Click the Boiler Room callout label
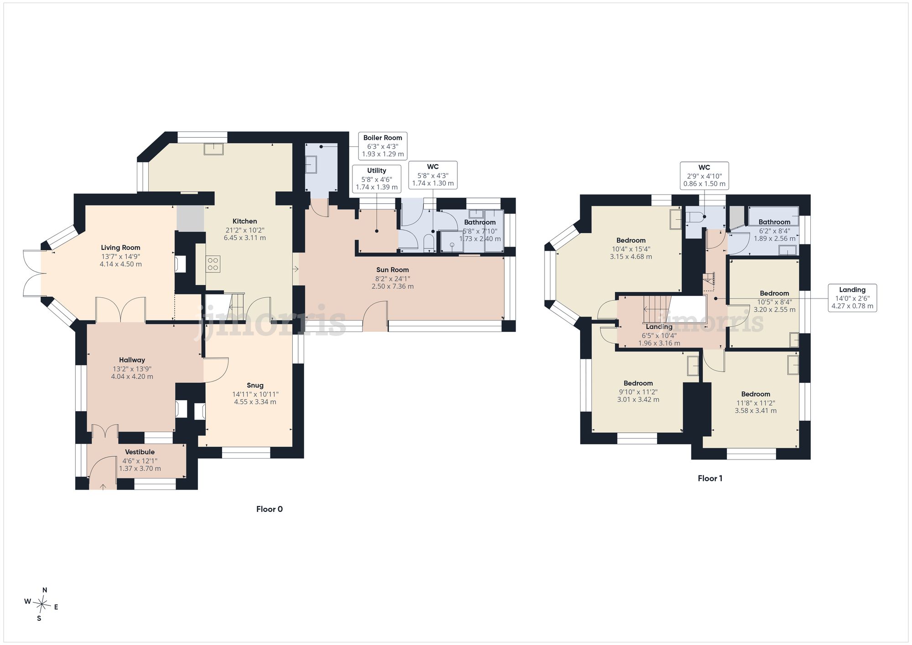[x=383, y=146]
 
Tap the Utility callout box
[x=377, y=179]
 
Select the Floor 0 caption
[x=269, y=509]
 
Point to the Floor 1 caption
[x=710, y=478]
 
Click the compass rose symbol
[x=42, y=605]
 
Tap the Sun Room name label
[x=393, y=270]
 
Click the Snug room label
[x=255, y=386]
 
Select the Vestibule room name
[x=140, y=452]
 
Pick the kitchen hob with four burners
[x=213, y=264]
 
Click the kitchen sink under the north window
[x=213, y=149]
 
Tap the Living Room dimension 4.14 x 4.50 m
[x=121, y=264]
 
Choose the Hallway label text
[x=132, y=360]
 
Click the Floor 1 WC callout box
[x=704, y=175]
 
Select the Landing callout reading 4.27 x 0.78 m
[x=852, y=306]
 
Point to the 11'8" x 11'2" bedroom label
[x=756, y=402]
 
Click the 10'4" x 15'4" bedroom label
[x=631, y=248]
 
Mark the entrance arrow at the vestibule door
[x=103, y=487]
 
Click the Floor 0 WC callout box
[x=433, y=175]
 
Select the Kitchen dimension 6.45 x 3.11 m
[x=245, y=237]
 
